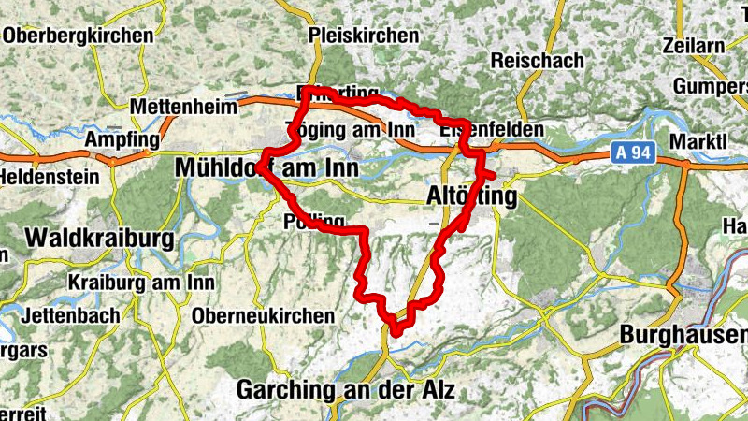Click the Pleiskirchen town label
(x=364, y=36)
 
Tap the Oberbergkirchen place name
(x=79, y=36)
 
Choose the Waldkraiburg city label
(x=100, y=238)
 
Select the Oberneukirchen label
(x=263, y=316)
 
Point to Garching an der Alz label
(x=346, y=389)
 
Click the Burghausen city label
(x=684, y=334)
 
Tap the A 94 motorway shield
(x=632, y=152)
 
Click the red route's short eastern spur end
(x=493, y=175)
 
